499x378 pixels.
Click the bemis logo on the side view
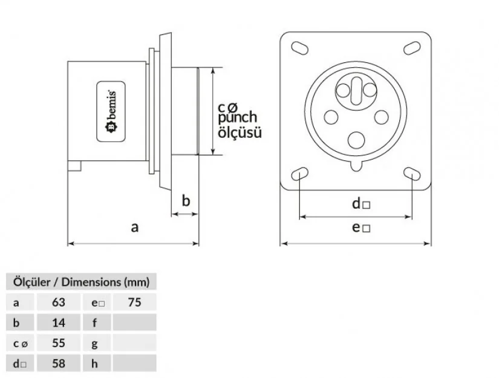[x=112, y=111]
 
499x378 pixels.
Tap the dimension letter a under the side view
[x=135, y=227]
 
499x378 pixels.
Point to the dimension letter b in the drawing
[x=186, y=200]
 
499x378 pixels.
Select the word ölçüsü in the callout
[x=240, y=131]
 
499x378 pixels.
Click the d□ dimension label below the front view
[x=361, y=204]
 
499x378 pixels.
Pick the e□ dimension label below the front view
[x=361, y=228]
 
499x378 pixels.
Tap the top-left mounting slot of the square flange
[x=299, y=47]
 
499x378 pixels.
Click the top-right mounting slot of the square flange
[x=412, y=47]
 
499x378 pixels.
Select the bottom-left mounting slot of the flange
[x=299, y=175]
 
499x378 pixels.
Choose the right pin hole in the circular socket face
[x=381, y=117]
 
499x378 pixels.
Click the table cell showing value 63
[x=59, y=302]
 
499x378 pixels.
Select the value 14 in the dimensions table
[x=59, y=322]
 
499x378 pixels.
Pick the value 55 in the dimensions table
[x=59, y=343]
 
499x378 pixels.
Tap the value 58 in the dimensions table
[x=59, y=363]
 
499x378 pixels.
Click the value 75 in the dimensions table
[x=134, y=302]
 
